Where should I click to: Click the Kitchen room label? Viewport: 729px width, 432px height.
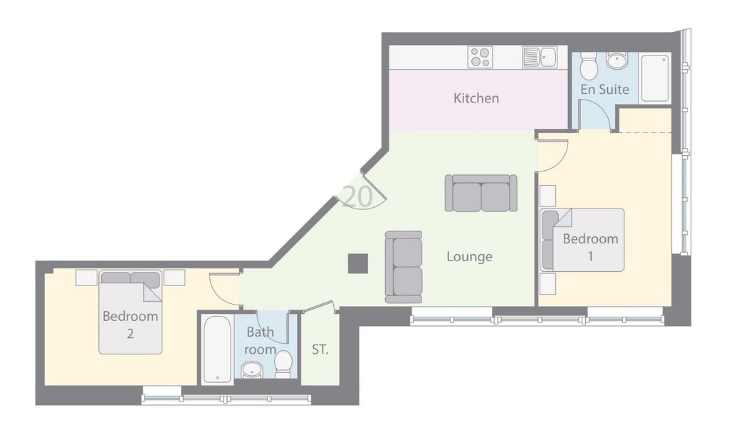476,98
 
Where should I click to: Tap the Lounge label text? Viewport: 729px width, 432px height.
469,257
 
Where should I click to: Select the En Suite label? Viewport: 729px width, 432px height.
604,89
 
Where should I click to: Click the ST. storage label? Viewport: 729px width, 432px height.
320,349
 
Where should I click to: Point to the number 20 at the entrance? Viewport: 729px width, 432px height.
357,196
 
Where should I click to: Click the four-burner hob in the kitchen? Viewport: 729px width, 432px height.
481,58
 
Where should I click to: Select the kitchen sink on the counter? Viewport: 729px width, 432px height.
540,57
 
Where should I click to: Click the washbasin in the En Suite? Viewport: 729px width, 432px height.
617,60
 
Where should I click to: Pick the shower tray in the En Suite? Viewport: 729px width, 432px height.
655,78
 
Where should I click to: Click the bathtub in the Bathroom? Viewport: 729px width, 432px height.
217,349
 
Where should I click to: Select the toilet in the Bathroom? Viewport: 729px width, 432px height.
283,364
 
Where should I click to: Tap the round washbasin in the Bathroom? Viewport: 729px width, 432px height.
252,371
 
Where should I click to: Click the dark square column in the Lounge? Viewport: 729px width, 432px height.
358,263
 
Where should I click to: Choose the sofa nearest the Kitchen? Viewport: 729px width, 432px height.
481,193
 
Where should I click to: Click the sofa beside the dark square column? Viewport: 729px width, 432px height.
404,267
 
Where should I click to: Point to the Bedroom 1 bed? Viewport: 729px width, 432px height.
582,239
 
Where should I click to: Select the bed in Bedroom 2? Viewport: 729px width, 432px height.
130,312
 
